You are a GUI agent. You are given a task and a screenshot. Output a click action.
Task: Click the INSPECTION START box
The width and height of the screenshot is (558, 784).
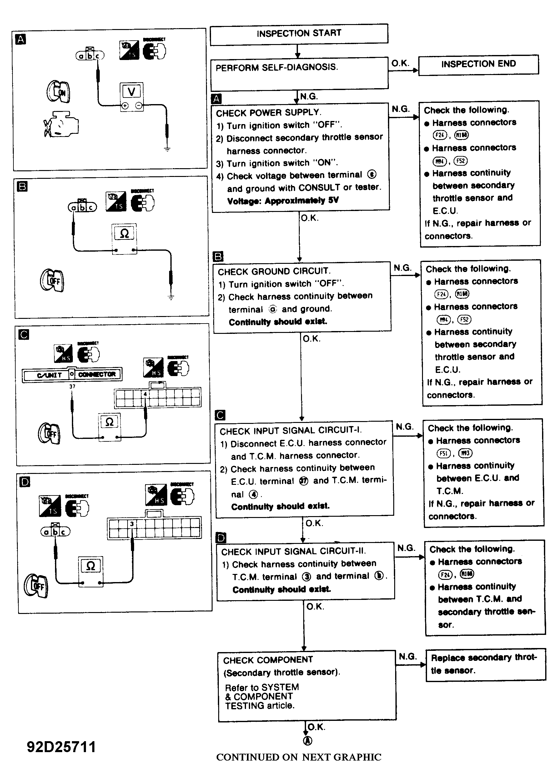(299, 33)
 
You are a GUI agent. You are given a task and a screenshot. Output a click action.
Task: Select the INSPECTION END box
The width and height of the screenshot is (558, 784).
(478, 64)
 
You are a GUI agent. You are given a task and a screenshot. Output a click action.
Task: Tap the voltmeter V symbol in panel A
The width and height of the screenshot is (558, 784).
(131, 92)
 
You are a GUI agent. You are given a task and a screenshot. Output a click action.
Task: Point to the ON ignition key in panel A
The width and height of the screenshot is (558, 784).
(58, 92)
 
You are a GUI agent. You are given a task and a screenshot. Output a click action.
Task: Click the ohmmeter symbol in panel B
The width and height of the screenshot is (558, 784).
(124, 234)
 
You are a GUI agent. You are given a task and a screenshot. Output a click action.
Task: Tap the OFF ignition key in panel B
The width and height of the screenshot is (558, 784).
(52, 280)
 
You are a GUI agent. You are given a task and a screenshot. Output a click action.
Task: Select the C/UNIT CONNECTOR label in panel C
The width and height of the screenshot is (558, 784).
(72, 374)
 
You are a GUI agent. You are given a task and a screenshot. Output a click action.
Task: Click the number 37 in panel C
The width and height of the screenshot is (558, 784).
(72, 386)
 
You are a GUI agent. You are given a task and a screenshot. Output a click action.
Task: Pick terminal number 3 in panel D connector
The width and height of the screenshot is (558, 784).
(132, 524)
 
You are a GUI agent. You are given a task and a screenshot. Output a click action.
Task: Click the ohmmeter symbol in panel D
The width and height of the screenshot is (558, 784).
(91, 566)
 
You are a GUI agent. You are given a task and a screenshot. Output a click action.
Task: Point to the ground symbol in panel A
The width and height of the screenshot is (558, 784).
(167, 149)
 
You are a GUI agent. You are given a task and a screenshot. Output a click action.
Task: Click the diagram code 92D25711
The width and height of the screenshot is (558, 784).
(61, 747)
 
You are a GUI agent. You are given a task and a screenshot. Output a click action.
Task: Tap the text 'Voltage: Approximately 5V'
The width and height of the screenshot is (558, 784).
(283, 201)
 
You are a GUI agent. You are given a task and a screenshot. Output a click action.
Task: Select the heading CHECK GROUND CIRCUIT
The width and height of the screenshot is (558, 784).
(274, 271)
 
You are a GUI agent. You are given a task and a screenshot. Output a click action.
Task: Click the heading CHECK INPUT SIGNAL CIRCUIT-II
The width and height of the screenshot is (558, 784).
(294, 551)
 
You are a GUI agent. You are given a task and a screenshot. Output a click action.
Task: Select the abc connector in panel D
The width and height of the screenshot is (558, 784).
(55, 532)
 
